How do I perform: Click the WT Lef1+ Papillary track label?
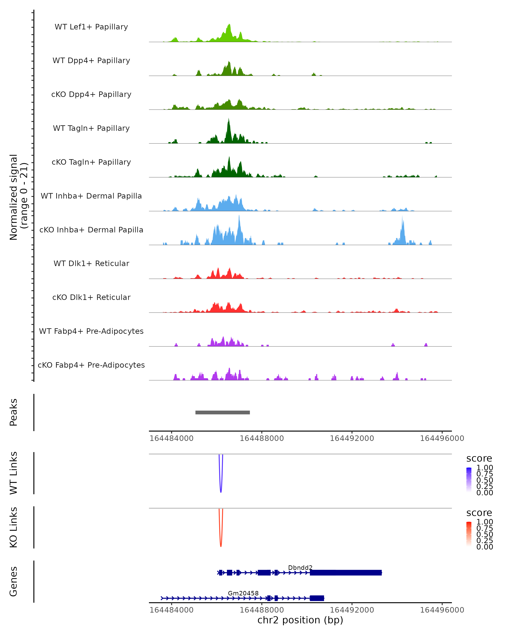91,27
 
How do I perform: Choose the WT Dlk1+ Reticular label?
91,263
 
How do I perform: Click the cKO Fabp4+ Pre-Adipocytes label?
91,365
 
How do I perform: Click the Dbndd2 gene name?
300,567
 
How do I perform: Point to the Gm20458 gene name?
243,593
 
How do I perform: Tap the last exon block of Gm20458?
317,598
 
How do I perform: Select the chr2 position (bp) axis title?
300,620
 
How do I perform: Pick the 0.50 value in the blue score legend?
485,480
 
